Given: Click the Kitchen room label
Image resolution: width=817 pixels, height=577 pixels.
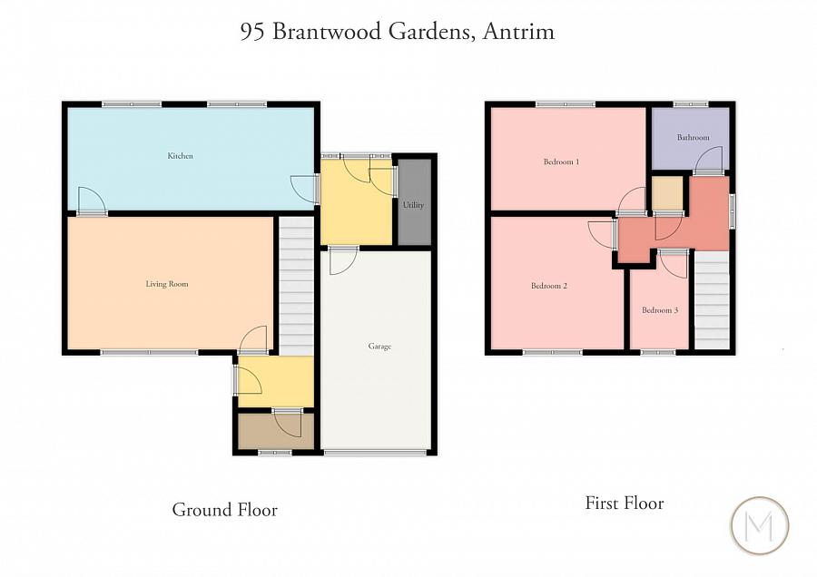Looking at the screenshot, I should pyautogui.click(x=180, y=156).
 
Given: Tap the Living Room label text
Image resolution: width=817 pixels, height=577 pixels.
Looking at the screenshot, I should pyautogui.click(x=167, y=284).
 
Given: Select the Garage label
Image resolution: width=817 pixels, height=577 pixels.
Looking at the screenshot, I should pyautogui.click(x=379, y=347).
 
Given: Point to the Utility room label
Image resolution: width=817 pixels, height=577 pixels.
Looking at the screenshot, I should pyautogui.click(x=414, y=205).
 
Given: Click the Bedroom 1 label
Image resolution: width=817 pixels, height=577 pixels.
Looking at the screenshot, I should pyautogui.click(x=561, y=162).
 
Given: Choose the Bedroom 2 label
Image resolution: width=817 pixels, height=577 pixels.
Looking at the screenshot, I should pyautogui.click(x=549, y=286).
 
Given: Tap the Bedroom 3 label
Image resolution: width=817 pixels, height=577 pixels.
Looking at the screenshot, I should pyautogui.click(x=660, y=310).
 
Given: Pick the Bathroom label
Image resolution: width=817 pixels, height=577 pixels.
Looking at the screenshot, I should pyautogui.click(x=692, y=138).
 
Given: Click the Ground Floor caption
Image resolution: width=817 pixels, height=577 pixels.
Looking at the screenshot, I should pyautogui.click(x=224, y=510).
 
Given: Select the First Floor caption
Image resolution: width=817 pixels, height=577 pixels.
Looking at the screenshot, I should pyautogui.click(x=625, y=503).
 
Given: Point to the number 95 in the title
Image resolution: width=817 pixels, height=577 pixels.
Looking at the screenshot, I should pyautogui.click(x=251, y=33).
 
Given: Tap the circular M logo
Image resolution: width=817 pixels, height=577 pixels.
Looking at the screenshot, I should pyautogui.click(x=760, y=525).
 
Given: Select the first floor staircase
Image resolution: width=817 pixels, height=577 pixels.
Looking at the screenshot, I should pyautogui.click(x=713, y=299).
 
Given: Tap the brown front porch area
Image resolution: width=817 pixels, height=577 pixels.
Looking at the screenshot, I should pyautogui.click(x=275, y=432).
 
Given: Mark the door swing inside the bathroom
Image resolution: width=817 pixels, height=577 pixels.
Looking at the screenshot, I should pyautogui.click(x=708, y=161).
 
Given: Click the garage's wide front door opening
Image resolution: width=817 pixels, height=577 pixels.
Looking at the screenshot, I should pyautogui.click(x=375, y=452).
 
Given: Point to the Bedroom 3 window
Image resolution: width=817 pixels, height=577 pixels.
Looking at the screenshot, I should pyautogui.click(x=658, y=352).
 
